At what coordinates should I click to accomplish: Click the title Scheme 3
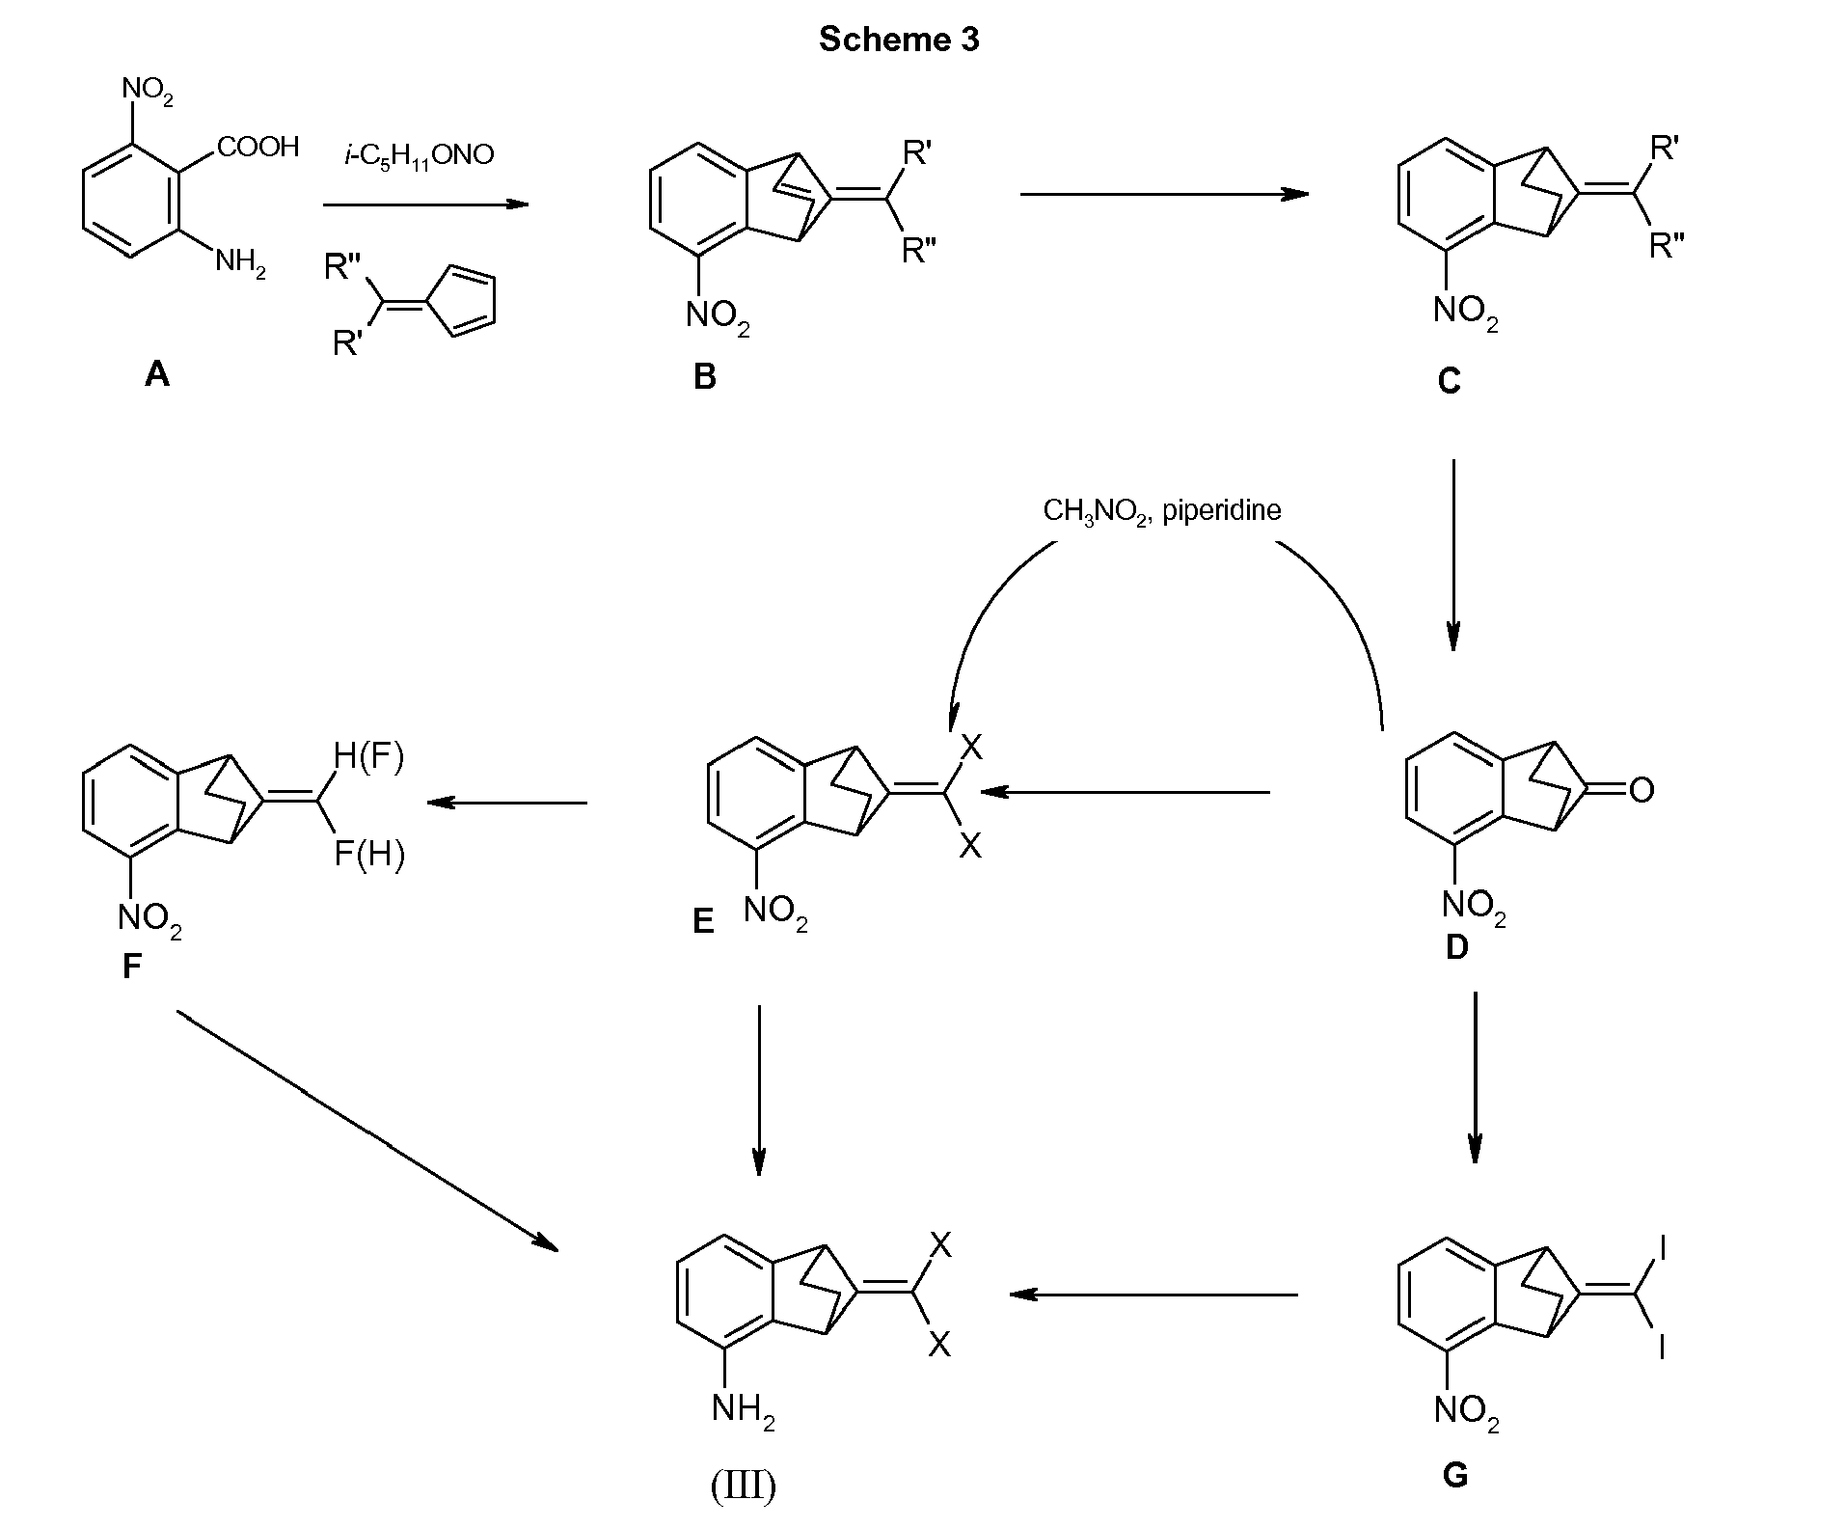(x=899, y=39)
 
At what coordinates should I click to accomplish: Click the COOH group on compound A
(x=258, y=147)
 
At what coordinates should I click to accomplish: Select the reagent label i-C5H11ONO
(x=420, y=154)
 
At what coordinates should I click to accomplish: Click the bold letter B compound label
(x=705, y=376)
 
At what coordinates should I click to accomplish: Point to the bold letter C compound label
(x=1449, y=382)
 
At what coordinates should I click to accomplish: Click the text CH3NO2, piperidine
(x=1162, y=510)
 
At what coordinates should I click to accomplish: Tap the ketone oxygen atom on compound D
(x=1642, y=790)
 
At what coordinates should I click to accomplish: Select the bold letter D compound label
(x=1456, y=947)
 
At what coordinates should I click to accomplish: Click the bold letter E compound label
(x=703, y=922)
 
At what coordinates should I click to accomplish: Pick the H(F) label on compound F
(x=368, y=758)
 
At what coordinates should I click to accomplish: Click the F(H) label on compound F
(x=369, y=855)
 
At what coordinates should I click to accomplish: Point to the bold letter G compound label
(x=1454, y=1475)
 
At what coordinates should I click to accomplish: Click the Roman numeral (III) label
(x=744, y=1486)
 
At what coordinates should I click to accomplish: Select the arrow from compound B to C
(x=1164, y=194)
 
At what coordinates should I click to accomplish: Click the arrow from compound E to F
(x=507, y=802)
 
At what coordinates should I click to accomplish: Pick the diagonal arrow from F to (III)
(x=367, y=1131)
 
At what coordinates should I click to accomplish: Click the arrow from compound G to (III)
(x=1153, y=1294)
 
